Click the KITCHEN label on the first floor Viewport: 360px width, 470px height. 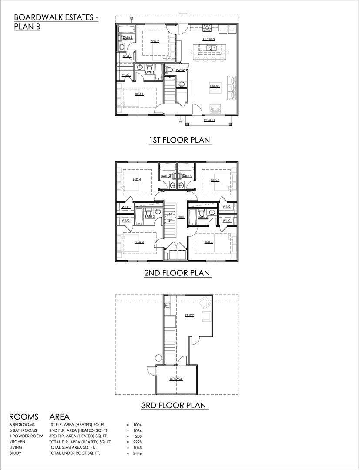point(209,39)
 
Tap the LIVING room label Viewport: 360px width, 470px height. point(215,87)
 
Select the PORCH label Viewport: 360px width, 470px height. point(209,120)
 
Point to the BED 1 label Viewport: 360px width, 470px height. point(139,94)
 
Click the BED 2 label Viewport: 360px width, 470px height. point(155,41)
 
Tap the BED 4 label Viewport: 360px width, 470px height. point(137,179)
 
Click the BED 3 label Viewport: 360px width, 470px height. point(139,242)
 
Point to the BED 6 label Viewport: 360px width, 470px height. point(209,242)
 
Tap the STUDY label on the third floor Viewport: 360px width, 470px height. point(189,315)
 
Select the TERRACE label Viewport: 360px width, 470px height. point(176,379)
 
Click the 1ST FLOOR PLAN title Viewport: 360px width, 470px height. point(180,140)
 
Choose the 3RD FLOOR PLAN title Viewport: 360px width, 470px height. point(174,405)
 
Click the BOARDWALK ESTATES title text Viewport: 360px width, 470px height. point(56,17)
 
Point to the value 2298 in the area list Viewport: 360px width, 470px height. point(137,442)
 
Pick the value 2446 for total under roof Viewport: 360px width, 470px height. point(137,453)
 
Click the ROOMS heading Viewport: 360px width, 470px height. point(24,417)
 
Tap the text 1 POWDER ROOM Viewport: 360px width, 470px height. point(27,436)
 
